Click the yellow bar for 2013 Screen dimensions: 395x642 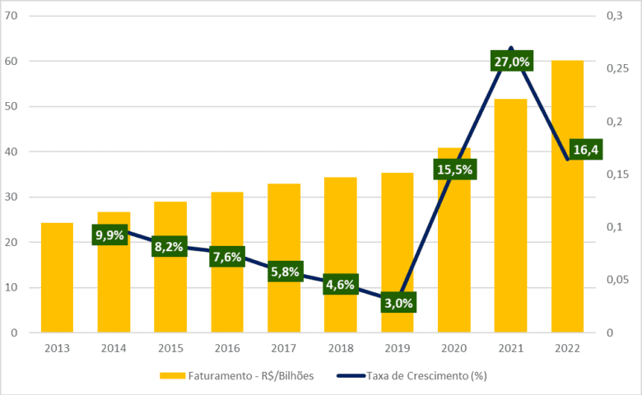click(x=57, y=277)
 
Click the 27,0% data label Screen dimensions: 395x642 click(x=512, y=62)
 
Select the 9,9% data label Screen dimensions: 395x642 click(x=109, y=235)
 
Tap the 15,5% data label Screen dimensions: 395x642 click(x=454, y=170)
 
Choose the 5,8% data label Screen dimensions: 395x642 click(x=284, y=272)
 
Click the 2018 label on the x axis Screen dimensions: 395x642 click(x=341, y=348)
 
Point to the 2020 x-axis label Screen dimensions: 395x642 click(x=454, y=348)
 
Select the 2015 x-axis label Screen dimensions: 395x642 click(x=170, y=348)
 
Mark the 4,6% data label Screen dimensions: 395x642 click(x=341, y=286)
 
